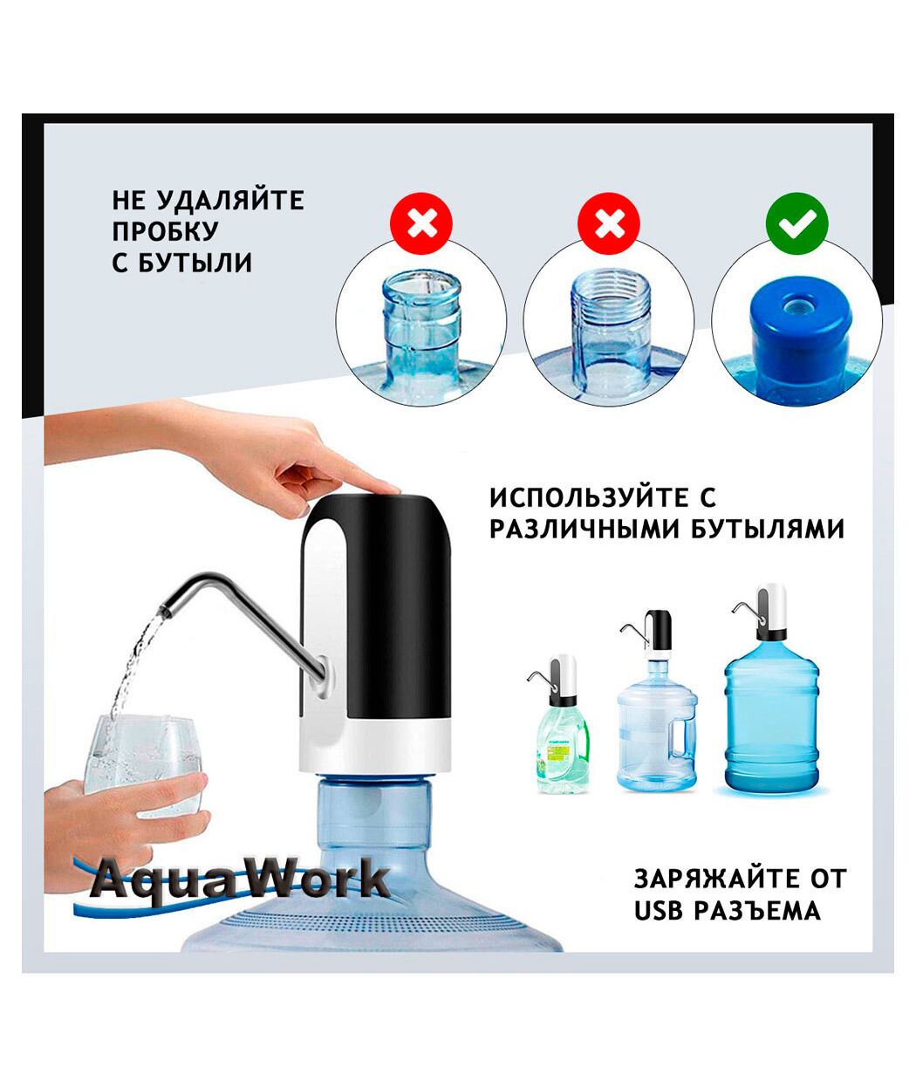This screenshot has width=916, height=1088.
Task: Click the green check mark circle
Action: (x=796, y=223)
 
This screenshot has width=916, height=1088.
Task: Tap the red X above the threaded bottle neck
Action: (x=609, y=223)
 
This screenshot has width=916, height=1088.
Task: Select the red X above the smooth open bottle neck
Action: (x=421, y=223)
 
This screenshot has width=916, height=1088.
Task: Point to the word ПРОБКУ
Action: (x=165, y=231)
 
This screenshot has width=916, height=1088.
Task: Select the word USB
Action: (x=658, y=881)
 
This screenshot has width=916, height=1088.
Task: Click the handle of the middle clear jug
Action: (x=685, y=739)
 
